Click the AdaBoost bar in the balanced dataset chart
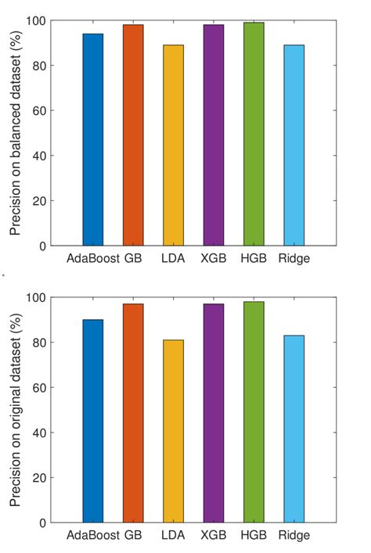point(93,140)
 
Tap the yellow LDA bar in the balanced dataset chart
point(173,145)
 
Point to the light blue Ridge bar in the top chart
point(294,145)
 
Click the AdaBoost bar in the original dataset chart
point(93,421)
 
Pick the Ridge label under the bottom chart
point(294,536)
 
